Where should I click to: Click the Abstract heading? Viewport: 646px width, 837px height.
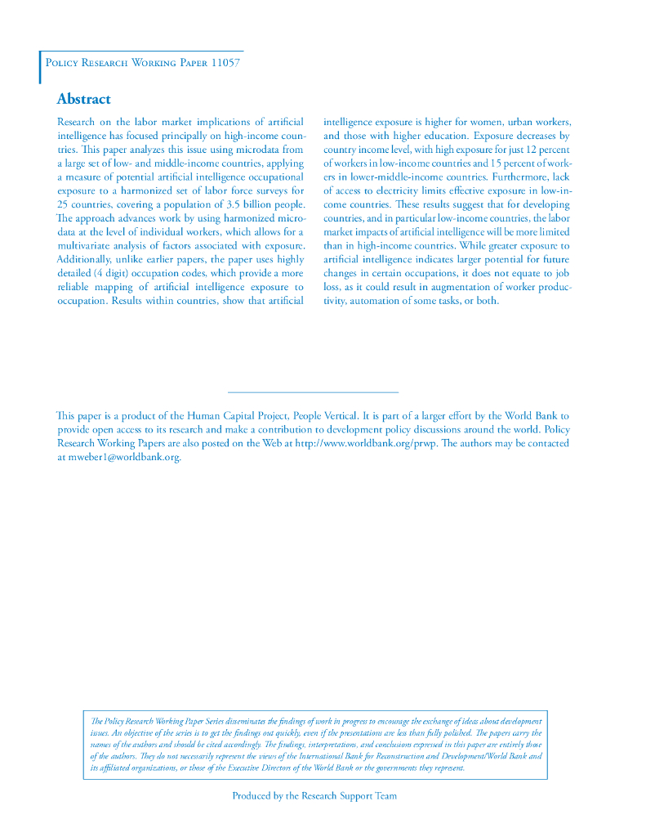click(83, 99)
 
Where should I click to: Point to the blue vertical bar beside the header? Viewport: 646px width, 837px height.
click(40, 67)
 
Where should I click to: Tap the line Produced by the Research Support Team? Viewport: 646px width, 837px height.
click(314, 795)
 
